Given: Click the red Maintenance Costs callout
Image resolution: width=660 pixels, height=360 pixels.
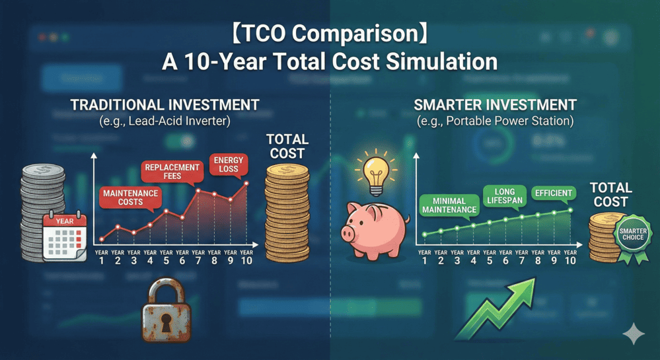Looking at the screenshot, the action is tap(131, 198).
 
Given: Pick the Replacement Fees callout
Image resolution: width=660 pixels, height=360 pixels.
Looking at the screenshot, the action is tap(172, 171).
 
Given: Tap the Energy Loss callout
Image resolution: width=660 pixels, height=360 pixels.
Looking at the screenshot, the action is tap(229, 164).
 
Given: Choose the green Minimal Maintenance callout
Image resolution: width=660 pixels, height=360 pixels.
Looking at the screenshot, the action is tap(449, 205).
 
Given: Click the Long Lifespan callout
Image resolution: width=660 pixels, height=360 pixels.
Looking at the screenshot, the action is tap(505, 196).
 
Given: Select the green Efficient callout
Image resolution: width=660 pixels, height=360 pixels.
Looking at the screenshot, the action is tap(554, 194).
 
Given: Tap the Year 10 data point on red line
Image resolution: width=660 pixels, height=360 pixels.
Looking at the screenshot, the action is tap(246, 183).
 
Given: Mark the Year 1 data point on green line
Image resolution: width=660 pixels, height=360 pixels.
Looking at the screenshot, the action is tap(424, 234).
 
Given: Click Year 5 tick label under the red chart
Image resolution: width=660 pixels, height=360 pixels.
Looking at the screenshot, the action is tap(166, 257).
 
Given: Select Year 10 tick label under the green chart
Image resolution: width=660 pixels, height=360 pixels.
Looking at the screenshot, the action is tap(570, 257).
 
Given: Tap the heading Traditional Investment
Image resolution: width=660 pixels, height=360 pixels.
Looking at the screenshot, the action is tap(165, 105).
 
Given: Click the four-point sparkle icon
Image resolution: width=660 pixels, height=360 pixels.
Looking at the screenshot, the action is tap(634, 334).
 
